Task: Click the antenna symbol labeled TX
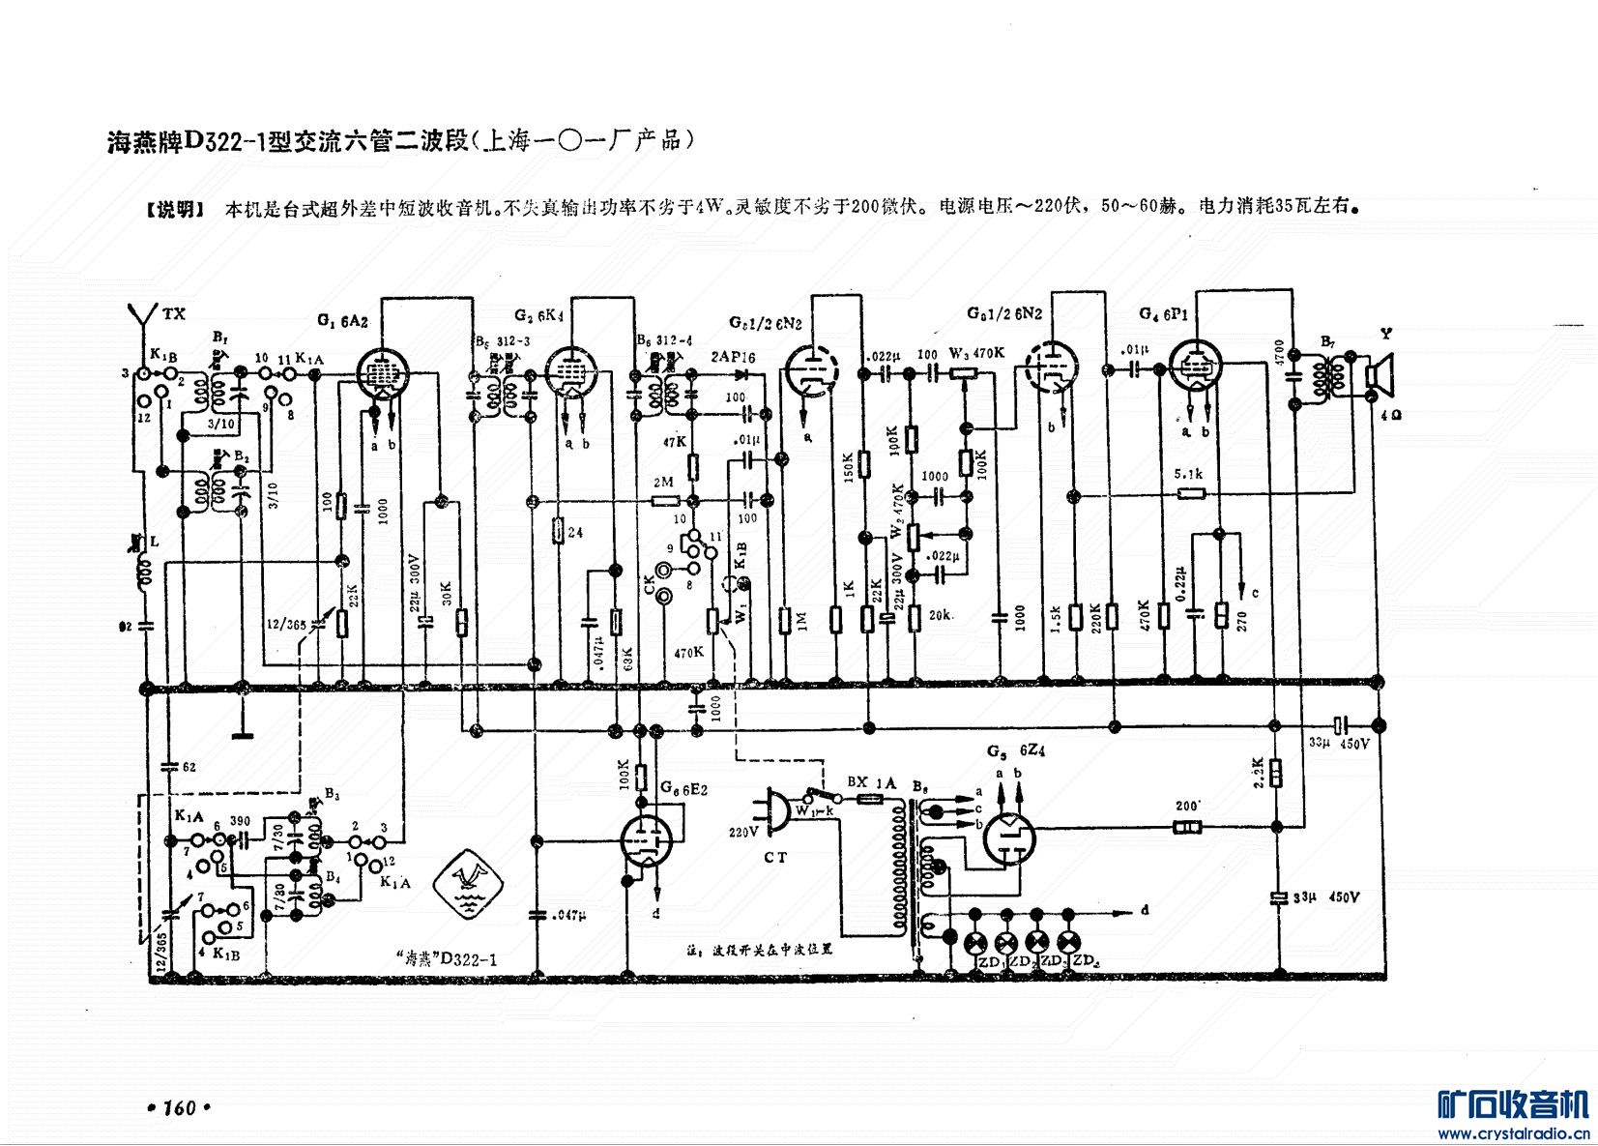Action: [142, 319]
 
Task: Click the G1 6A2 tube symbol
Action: [383, 373]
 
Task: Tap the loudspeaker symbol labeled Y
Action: [1377, 377]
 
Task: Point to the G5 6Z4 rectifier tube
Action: [1009, 837]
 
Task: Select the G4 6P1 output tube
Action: [1196, 368]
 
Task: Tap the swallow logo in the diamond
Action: [468, 882]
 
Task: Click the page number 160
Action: [180, 1107]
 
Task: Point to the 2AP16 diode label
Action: [733, 357]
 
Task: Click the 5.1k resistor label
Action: [1188, 474]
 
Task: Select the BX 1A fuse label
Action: [871, 781]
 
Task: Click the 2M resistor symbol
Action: [665, 501]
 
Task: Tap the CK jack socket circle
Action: [664, 599]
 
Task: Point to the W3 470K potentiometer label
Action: [976, 354]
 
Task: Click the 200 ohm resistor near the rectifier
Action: [1187, 827]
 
